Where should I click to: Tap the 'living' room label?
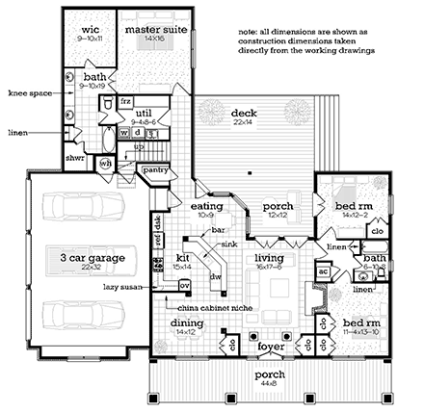(269, 258)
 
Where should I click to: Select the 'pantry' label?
(156, 169)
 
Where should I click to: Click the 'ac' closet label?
(324, 272)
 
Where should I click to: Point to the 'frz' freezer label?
(126, 100)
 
